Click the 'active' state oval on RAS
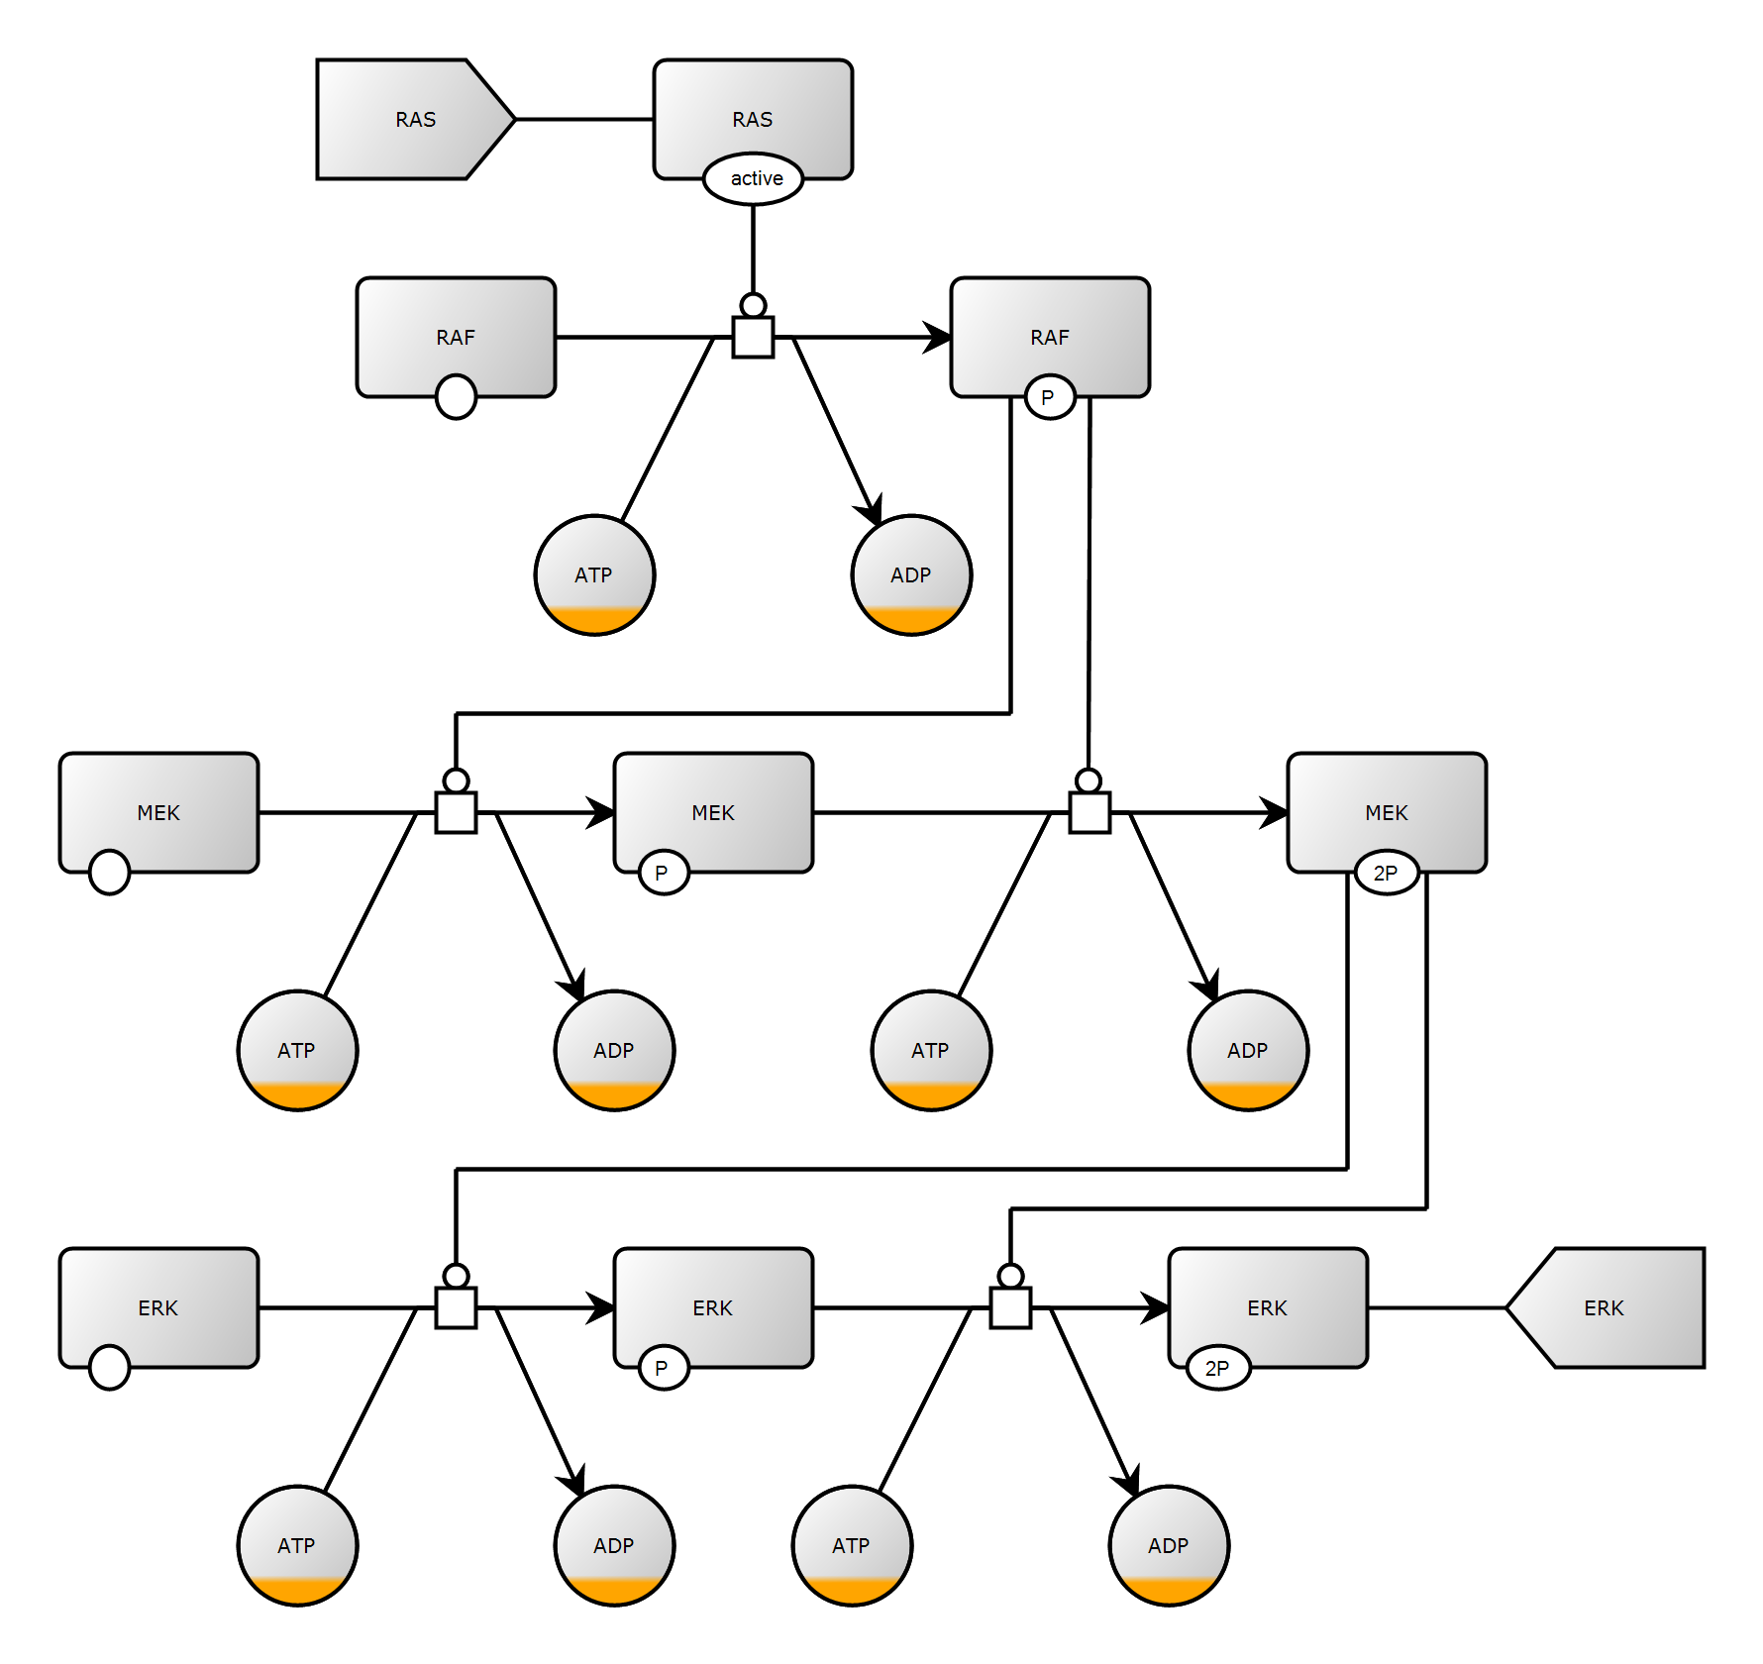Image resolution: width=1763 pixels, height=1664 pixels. point(753,179)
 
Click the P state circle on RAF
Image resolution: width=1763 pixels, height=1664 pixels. point(1050,397)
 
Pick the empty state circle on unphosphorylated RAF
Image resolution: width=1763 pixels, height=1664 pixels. point(456,397)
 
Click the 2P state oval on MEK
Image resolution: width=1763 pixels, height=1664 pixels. point(1387,873)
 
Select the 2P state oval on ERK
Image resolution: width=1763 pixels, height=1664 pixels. point(1218,1368)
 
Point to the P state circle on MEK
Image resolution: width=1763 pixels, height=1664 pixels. point(664,873)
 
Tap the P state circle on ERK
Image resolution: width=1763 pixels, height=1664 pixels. point(664,1368)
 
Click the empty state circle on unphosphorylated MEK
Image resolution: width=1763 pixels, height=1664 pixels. point(109,873)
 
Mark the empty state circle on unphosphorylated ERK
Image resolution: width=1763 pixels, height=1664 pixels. point(109,1368)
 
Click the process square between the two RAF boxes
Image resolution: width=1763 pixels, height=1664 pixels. point(753,338)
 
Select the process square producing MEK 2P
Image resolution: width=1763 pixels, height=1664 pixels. point(1089,813)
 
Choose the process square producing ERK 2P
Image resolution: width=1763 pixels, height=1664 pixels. point(1010,1308)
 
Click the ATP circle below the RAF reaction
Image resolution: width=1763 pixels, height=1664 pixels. point(594,575)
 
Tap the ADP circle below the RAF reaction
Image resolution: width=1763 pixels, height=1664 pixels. point(911,575)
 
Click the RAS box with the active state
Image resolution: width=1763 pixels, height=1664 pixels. point(753,109)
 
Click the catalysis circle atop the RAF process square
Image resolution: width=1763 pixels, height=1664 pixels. point(753,305)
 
